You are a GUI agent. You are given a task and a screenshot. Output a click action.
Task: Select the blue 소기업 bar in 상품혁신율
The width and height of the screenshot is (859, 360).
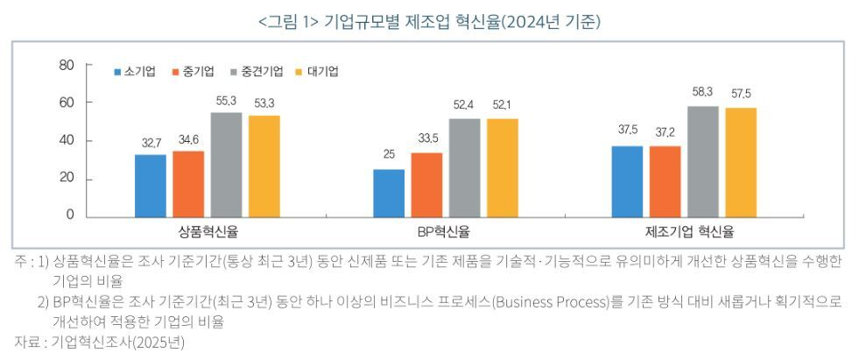coord(151,186)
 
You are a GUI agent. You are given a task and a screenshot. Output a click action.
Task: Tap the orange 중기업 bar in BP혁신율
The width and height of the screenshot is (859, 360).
coord(426,185)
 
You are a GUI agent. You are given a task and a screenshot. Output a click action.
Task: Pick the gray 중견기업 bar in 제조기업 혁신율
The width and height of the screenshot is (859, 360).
coord(703,162)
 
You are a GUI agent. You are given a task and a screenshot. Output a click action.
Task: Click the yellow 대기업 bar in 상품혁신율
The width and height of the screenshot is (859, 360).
coord(264,166)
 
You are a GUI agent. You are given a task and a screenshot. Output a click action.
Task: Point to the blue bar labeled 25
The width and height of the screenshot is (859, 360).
coord(389,194)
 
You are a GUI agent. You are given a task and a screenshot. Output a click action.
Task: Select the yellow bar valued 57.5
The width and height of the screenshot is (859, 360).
coord(741,163)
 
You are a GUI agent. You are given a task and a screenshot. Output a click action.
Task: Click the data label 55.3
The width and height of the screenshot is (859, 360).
coord(227,102)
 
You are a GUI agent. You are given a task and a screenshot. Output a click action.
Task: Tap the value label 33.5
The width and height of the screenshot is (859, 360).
coord(427,137)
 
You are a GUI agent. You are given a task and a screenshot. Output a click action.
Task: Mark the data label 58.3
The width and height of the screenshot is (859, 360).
coord(703,91)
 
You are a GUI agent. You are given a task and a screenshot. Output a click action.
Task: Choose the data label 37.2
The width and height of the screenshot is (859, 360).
coord(665,131)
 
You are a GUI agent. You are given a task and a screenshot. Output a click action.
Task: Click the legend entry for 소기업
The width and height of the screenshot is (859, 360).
coord(135,71)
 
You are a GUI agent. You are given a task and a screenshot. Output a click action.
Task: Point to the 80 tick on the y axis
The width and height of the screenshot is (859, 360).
coord(67,65)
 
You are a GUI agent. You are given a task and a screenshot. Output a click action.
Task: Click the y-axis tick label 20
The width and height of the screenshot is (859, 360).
coord(67,179)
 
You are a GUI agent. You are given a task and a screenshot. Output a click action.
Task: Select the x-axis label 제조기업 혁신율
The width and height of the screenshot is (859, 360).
coord(689,232)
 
